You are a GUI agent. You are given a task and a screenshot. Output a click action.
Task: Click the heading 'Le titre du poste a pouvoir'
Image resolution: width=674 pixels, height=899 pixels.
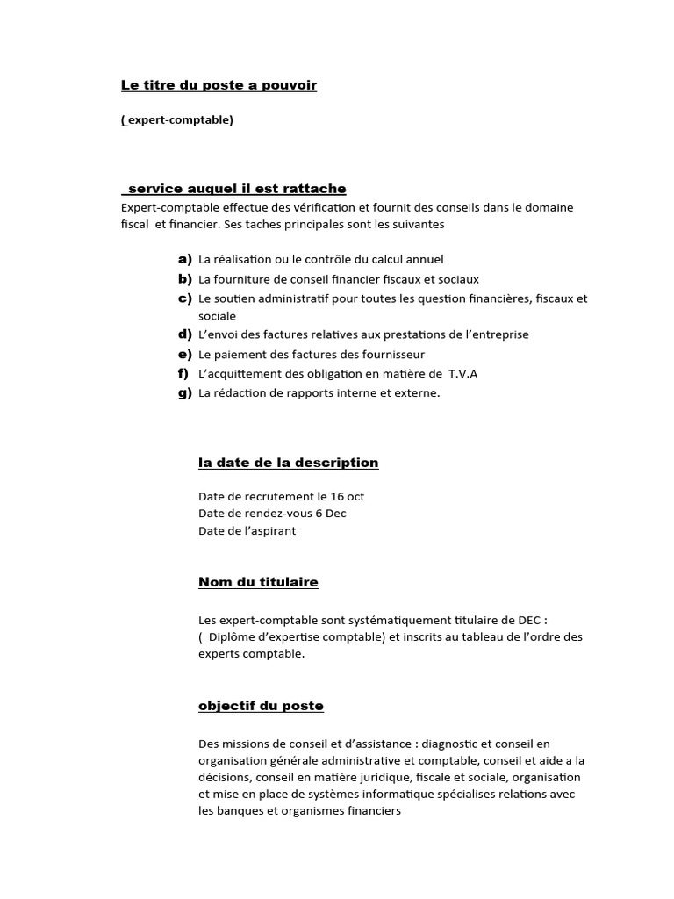(x=219, y=85)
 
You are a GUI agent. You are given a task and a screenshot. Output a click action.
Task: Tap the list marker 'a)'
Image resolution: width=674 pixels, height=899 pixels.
(x=184, y=259)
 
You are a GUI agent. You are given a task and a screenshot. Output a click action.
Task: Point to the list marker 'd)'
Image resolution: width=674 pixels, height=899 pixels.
(x=184, y=334)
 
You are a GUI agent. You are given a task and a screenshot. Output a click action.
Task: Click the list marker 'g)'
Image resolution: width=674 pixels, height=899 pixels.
(x=184, y=393)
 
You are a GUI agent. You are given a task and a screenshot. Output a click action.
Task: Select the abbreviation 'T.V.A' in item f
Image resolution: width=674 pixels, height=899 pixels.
(x=462, y=374)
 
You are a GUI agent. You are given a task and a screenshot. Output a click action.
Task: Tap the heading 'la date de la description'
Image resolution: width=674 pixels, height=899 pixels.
(x=289, y=463)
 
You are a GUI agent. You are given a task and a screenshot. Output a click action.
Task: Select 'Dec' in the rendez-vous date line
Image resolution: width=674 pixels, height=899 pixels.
(x=336, y=514)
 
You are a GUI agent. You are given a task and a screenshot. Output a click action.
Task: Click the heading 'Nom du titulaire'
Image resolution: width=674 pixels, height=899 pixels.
(x=258, y=582)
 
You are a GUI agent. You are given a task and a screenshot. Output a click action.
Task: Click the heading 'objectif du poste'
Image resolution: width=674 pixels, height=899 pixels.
(x=261, y=706)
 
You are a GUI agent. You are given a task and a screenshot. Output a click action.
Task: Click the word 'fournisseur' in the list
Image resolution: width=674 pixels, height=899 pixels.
(x=392, y=355)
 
